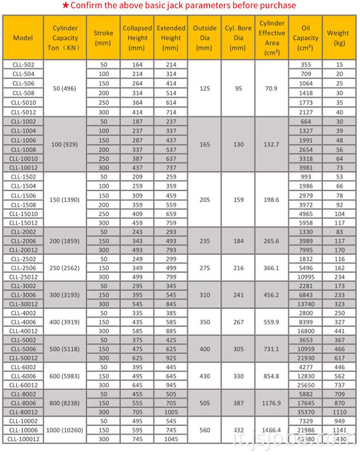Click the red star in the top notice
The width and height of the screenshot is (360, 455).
[66, 5]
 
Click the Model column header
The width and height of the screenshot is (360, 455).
[23, 38]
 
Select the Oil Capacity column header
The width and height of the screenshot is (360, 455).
[305, 38]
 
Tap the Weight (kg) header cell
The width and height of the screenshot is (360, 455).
[338, 38]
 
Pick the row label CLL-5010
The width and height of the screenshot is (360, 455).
[23, 103]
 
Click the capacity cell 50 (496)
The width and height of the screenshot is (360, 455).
[65, 88]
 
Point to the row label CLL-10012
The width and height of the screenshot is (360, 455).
[23, 168]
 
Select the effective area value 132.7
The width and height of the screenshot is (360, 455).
[272, 145]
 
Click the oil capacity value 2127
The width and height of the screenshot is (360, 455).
[305, 112]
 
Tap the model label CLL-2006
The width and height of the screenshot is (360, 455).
[23, 241]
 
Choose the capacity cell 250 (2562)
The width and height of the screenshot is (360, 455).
[65, 268]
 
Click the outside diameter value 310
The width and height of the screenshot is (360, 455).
[205, 295]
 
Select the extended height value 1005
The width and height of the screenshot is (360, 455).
[171, 412]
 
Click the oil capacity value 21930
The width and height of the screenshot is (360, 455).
[305, 358]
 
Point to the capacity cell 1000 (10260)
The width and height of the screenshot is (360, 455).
[65, 430]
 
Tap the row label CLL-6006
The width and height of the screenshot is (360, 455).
[23, 376]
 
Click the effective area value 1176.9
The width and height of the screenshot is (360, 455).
[272, 403]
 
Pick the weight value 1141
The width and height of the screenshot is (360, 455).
[338, 430]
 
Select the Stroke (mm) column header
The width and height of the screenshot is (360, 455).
[103, 38]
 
